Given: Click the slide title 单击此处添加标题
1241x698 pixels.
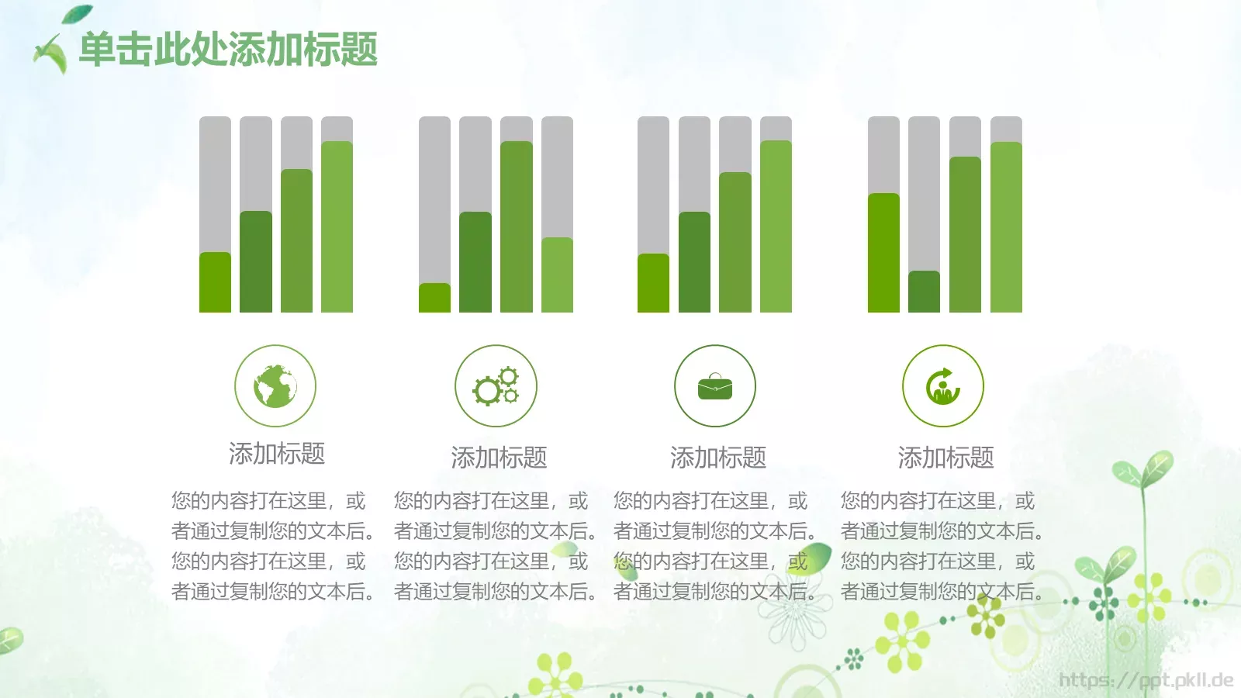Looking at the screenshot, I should [228, 50].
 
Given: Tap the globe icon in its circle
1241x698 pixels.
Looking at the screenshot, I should [275, 385].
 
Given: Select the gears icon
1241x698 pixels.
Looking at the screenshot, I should [496, 385].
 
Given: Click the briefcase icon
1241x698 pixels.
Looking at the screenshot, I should [715, 385].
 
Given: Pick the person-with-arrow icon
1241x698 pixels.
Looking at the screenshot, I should [943, 385].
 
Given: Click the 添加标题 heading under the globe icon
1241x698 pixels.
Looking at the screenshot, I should [277, 454].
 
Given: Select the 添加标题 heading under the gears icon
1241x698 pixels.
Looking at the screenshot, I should [499, 458].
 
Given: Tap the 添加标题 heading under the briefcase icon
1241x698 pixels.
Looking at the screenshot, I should [718, 458].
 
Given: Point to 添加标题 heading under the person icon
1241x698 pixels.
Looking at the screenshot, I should [945, 458].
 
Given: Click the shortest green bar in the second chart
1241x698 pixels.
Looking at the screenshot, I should [434, 299].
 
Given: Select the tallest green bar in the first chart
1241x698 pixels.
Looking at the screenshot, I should [337, 227].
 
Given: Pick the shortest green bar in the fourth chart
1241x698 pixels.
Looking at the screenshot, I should [924, 292].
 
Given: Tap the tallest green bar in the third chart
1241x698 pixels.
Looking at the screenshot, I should [776, 227].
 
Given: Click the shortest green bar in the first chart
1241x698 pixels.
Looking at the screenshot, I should [215, 283].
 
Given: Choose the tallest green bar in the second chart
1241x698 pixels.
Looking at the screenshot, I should [516, 227].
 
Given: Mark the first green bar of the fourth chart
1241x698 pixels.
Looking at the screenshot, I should [883, 254].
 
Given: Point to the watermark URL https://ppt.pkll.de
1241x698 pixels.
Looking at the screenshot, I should [1146, 681].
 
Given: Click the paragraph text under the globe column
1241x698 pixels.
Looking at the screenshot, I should [272, 546].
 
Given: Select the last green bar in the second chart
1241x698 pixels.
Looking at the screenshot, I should [557, 275].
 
